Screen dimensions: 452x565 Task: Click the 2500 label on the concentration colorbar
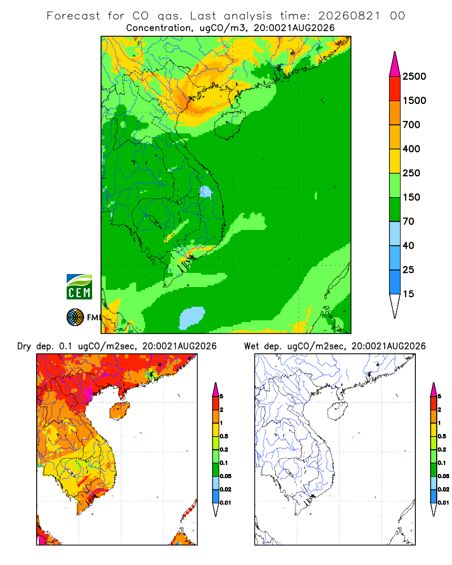pyautogui.click(x=414, y=76)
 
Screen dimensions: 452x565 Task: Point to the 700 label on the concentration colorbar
pyautogui.click(x=411, y=125)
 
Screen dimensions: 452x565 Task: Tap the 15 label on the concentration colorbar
pyautogui.click(x=408, y=294)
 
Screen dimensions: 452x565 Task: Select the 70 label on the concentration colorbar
pyautogui.click(x=408, y=221)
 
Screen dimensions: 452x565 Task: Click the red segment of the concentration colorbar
pyautogui.click(x=395, y=89)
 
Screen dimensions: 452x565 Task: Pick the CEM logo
pyautogui.click(x=79, y=287)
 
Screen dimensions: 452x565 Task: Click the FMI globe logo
pyautogui.click(x=75, y=318)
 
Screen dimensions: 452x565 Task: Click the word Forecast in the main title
pyautogui.click(x=73, y=16)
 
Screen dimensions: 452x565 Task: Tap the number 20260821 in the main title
pyautogui.click(x=349, y=16)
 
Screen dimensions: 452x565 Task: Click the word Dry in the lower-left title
pyautogui.click(x=24, y=347)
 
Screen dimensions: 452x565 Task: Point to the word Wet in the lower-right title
pyautogui.click(x=251, y=346)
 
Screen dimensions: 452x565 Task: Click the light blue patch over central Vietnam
pyautogui.click(x=206, y=192)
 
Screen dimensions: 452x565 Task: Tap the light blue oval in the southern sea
pyautogui.click(x=192, y=318)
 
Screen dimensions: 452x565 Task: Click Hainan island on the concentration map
pyautogui.click(x=230, y=125)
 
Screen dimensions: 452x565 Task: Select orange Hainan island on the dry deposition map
pyautogui.click(x=120, y=411)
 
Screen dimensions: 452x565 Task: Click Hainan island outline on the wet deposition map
pyautogui.click(x=338, y=411)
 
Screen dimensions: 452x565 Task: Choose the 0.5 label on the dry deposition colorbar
pyautogui.click(x=224, y=436)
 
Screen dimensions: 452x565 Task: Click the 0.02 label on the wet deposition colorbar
pyautogui.click(x=444, y=489)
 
